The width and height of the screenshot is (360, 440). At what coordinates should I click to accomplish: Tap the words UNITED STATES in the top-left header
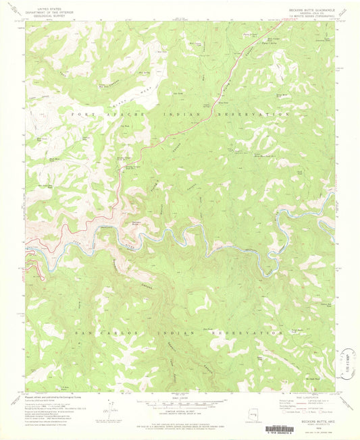click(x=47, y=5)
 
